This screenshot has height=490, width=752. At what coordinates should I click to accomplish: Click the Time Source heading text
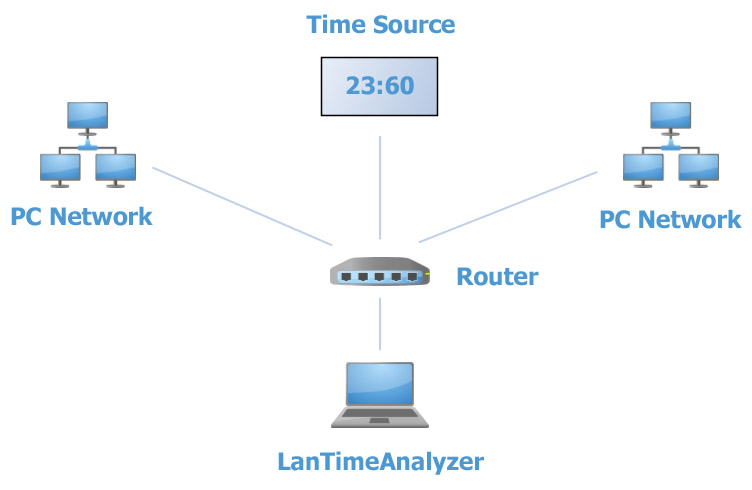tap(380, 24)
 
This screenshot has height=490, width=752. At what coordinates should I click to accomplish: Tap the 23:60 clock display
tap(379, 86)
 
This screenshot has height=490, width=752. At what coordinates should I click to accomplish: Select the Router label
tap(497, 277)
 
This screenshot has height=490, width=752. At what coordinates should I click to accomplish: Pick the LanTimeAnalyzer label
tap(380, 461)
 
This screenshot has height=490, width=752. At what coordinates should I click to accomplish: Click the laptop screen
tap(380, 382)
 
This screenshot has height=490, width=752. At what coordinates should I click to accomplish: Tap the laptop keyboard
tap(380, 413)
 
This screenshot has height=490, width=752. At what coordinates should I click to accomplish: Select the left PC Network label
tap(81, 216)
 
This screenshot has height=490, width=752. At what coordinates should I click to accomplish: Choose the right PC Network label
tap(670, 219)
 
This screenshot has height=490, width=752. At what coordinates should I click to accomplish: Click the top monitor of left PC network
tap(88, 116)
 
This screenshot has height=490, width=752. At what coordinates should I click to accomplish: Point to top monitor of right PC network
tap(671, 116)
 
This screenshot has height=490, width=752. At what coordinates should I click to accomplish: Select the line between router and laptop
tap(380, 322)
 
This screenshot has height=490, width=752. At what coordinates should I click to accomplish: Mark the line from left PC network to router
tap(240, 206)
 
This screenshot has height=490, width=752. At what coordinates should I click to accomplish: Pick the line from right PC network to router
tap(510, 206)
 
